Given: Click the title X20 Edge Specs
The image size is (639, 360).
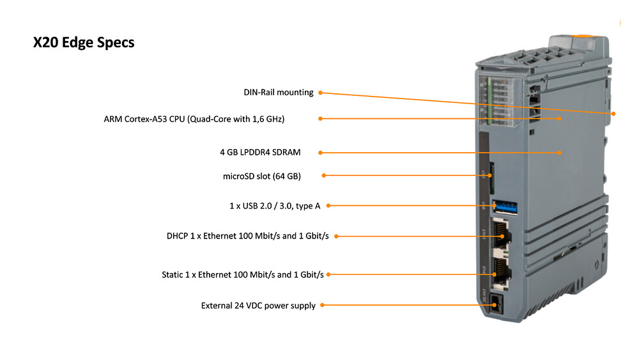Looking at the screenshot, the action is tap(84, 42).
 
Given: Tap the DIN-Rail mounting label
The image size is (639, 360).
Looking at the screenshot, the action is tap(279, 93).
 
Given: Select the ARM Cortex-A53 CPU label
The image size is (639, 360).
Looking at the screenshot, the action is tap(194, 119).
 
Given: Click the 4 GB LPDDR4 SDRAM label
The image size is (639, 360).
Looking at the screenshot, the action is tap(260, 152).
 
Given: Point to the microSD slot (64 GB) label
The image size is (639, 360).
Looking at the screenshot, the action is tap(261, 176).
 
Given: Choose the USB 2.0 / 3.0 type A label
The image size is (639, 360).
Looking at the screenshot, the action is tap(275, 206).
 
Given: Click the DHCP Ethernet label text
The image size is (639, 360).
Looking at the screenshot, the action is tap(247, 236).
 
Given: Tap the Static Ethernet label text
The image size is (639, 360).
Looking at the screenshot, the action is tap(242, 275).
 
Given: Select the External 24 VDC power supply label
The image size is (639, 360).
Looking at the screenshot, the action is tap(258, 306).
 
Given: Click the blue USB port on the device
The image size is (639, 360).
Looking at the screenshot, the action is tap(505, 208).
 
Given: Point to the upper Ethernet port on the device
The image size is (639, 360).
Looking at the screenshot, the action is tap(501, 235).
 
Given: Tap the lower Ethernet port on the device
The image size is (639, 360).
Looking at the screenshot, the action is tap(501, 272).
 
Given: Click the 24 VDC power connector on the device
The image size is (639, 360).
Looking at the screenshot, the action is tap(496, 304).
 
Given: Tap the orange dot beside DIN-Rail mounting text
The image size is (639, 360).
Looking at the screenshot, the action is tap(320, 93).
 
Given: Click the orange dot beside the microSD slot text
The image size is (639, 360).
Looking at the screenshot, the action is tap(323, 176).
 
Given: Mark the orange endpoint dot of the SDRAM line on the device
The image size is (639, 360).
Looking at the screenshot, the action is tap(560, 152).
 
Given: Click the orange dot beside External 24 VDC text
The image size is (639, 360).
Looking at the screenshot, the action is tap(322, 305).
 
